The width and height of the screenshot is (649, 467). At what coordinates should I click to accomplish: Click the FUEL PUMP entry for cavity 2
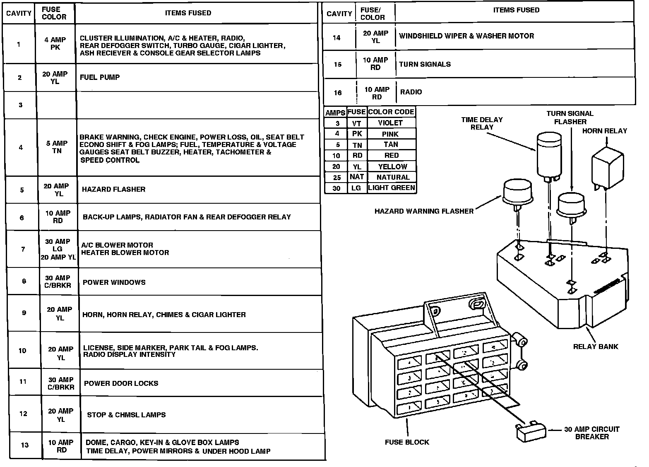(100, 77)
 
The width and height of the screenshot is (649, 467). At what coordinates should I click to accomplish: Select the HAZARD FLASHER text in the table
(114, 189)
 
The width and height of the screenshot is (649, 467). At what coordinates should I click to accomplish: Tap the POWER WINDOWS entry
(114, 282)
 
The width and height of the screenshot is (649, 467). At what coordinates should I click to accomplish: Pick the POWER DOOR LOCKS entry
(121, 383)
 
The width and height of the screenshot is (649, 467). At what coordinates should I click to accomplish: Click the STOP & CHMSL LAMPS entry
(126, 414)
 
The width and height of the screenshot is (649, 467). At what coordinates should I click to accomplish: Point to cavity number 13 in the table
(25, 445)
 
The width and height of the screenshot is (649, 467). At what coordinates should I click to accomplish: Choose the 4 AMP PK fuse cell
(55, 43)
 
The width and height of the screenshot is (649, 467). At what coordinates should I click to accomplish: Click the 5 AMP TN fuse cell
(57, 147)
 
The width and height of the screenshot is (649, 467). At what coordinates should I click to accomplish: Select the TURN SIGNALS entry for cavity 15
(425, 64)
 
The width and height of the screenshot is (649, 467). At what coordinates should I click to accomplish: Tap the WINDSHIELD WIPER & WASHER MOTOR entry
(466, 36)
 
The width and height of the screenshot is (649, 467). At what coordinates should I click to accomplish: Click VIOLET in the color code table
(390, 123)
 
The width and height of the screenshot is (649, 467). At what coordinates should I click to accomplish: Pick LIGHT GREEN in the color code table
(391, 188)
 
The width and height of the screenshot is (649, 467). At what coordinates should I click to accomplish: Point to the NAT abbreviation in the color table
(356, 177)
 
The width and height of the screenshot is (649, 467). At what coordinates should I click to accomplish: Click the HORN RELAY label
(604, 131)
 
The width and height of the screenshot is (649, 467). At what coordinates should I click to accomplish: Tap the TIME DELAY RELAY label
(482, 123)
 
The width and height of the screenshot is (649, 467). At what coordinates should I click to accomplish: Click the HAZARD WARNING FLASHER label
(424, 211)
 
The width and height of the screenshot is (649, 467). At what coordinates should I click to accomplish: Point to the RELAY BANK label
(595, 347)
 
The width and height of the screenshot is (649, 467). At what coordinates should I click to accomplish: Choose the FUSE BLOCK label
(407, 442)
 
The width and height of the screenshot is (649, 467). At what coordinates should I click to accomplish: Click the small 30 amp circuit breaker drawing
(530, 432)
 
